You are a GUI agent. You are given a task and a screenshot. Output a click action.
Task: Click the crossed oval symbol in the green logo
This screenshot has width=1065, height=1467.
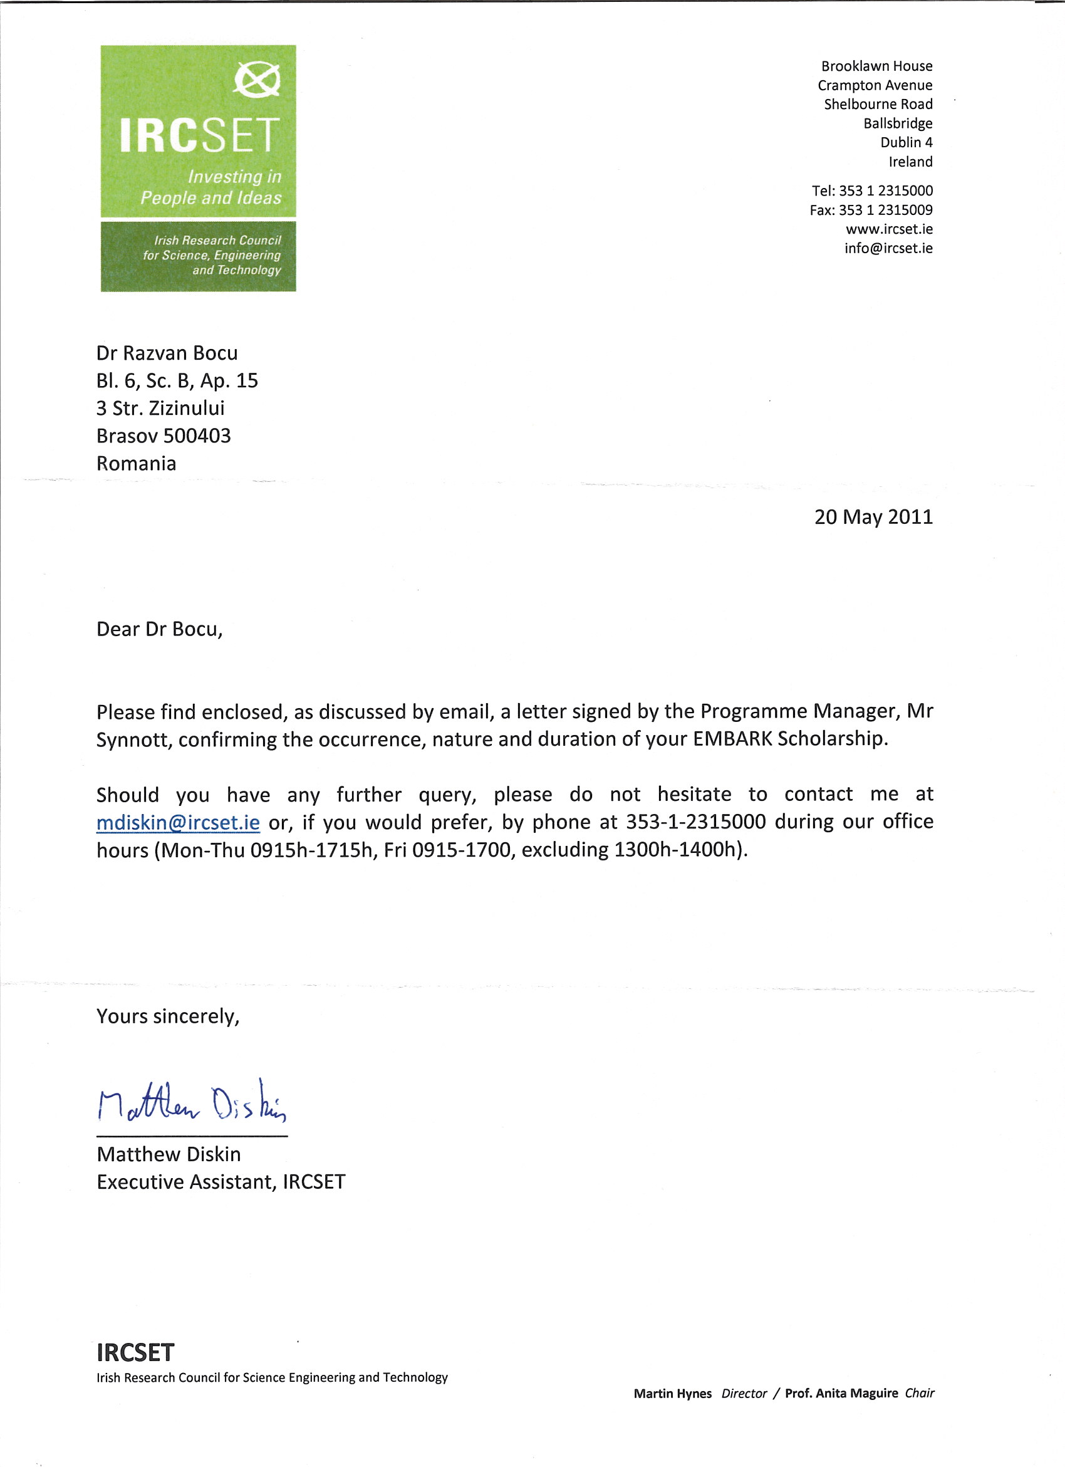pyautogui.click(x=257, y=80)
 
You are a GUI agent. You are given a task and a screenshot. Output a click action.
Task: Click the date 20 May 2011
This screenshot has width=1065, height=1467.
pyautogui.click(x=873, y=517)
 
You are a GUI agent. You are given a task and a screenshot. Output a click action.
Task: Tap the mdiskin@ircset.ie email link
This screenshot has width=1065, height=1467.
pyautogui.click(x=178, y=822)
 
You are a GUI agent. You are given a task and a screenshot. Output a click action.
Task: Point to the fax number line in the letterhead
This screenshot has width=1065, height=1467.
pyautogui.click(x=870, y=209)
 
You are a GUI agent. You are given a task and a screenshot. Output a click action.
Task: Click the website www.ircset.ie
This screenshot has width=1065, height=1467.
pyautogui.click(x=888, y=229)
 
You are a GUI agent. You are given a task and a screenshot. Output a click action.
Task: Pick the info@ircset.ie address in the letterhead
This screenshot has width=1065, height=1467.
pyautogui.click(x=888, y=248)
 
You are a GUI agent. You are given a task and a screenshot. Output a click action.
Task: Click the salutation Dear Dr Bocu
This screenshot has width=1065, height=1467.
pyautogui.click(x=159, y=629)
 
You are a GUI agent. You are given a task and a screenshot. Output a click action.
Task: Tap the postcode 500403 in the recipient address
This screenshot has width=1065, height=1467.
pyautogui.click(x=197, y=436)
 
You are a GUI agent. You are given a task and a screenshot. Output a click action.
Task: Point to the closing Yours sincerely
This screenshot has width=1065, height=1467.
pyautogui.click(x=167, y=1016)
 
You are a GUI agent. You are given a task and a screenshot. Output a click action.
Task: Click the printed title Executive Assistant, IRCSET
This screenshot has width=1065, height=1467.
pyautogui.click(x=221, y=1182)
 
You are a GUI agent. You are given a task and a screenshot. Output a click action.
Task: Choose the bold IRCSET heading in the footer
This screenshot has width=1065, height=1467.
pyautogui.click(x=135, y=1352)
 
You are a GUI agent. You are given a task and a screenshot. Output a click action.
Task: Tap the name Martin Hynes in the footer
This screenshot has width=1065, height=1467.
pyautogui.click(x=672, y=1393)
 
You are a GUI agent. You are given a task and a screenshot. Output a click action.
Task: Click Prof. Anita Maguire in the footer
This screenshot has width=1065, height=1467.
pyautogui.click(x=841, y=1393)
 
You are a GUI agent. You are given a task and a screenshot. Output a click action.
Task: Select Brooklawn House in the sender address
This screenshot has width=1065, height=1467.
pyautogui.click(x=876, y=66)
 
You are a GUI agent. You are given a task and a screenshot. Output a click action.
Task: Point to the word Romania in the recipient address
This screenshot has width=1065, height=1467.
pyautogui.click(x=136, y=463)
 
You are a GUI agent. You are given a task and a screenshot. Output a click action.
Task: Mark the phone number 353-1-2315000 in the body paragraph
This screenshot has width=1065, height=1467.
pyautogui.click(x=695, y=822)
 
